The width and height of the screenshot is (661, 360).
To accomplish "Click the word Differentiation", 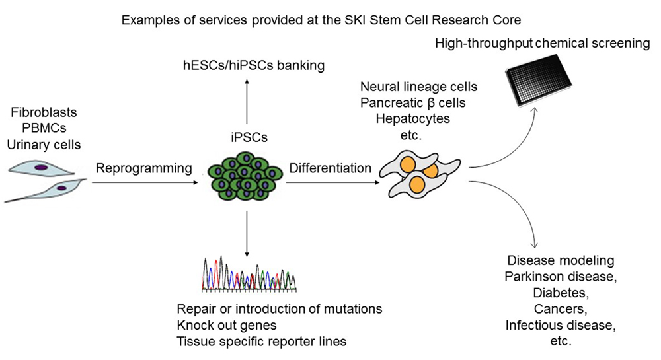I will click(x=329, y=168).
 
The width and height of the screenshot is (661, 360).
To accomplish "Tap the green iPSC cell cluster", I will click(x=247, y=178).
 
